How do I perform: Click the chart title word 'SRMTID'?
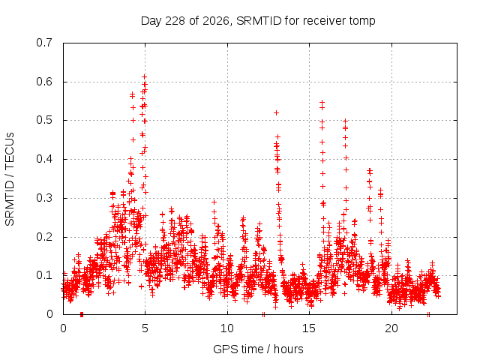[259, 21]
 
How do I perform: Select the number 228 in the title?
[175, 21]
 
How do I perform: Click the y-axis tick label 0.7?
[44, 43]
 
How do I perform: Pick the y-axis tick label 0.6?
[44, 82]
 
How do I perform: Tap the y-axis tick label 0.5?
[44, 120]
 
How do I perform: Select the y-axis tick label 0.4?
[44, 159]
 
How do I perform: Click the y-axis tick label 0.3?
[44, 198]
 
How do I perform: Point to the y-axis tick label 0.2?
[44, 237]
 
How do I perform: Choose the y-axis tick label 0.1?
[44, 275]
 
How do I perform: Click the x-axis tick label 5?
[145, 328]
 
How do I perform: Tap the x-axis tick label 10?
[227, 328]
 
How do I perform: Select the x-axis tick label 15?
[309, 328]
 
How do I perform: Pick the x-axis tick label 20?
[391, 328]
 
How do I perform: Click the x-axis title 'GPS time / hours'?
[258, 349]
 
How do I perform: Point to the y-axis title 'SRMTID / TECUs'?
[10, 179]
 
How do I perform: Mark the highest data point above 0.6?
[145, 76]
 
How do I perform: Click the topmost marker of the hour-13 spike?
[276, 113]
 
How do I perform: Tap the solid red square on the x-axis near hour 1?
[82, 314]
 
